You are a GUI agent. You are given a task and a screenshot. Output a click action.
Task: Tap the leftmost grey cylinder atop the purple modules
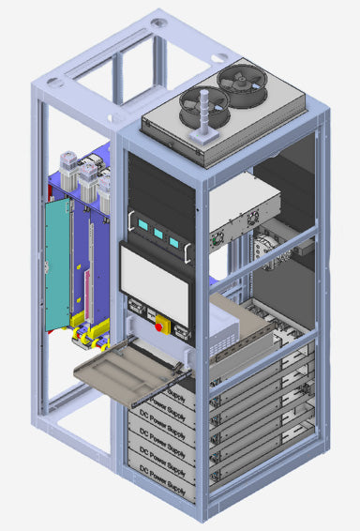click(x=70, y=167)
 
